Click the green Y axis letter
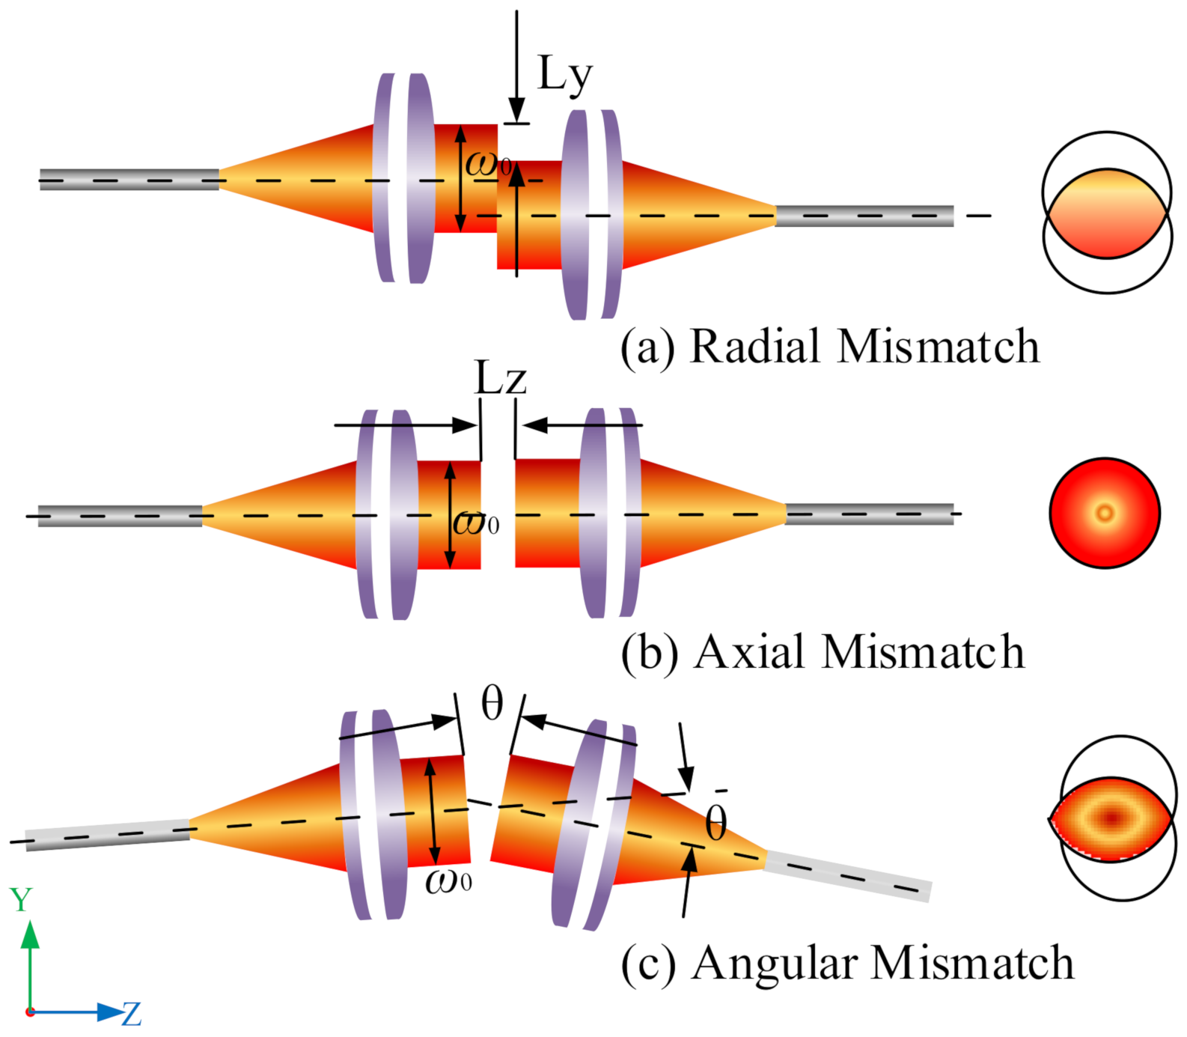pos(21,900)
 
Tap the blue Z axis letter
pos(132,1015)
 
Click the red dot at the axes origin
pos(30,1012)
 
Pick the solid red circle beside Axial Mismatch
pos(1105,513)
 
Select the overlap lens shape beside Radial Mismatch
pos(1107,213)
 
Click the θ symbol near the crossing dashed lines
pos(715,824)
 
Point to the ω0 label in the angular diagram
pos(448,881)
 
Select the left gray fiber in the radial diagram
pos(129,180)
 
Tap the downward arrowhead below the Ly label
pos(516,109)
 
